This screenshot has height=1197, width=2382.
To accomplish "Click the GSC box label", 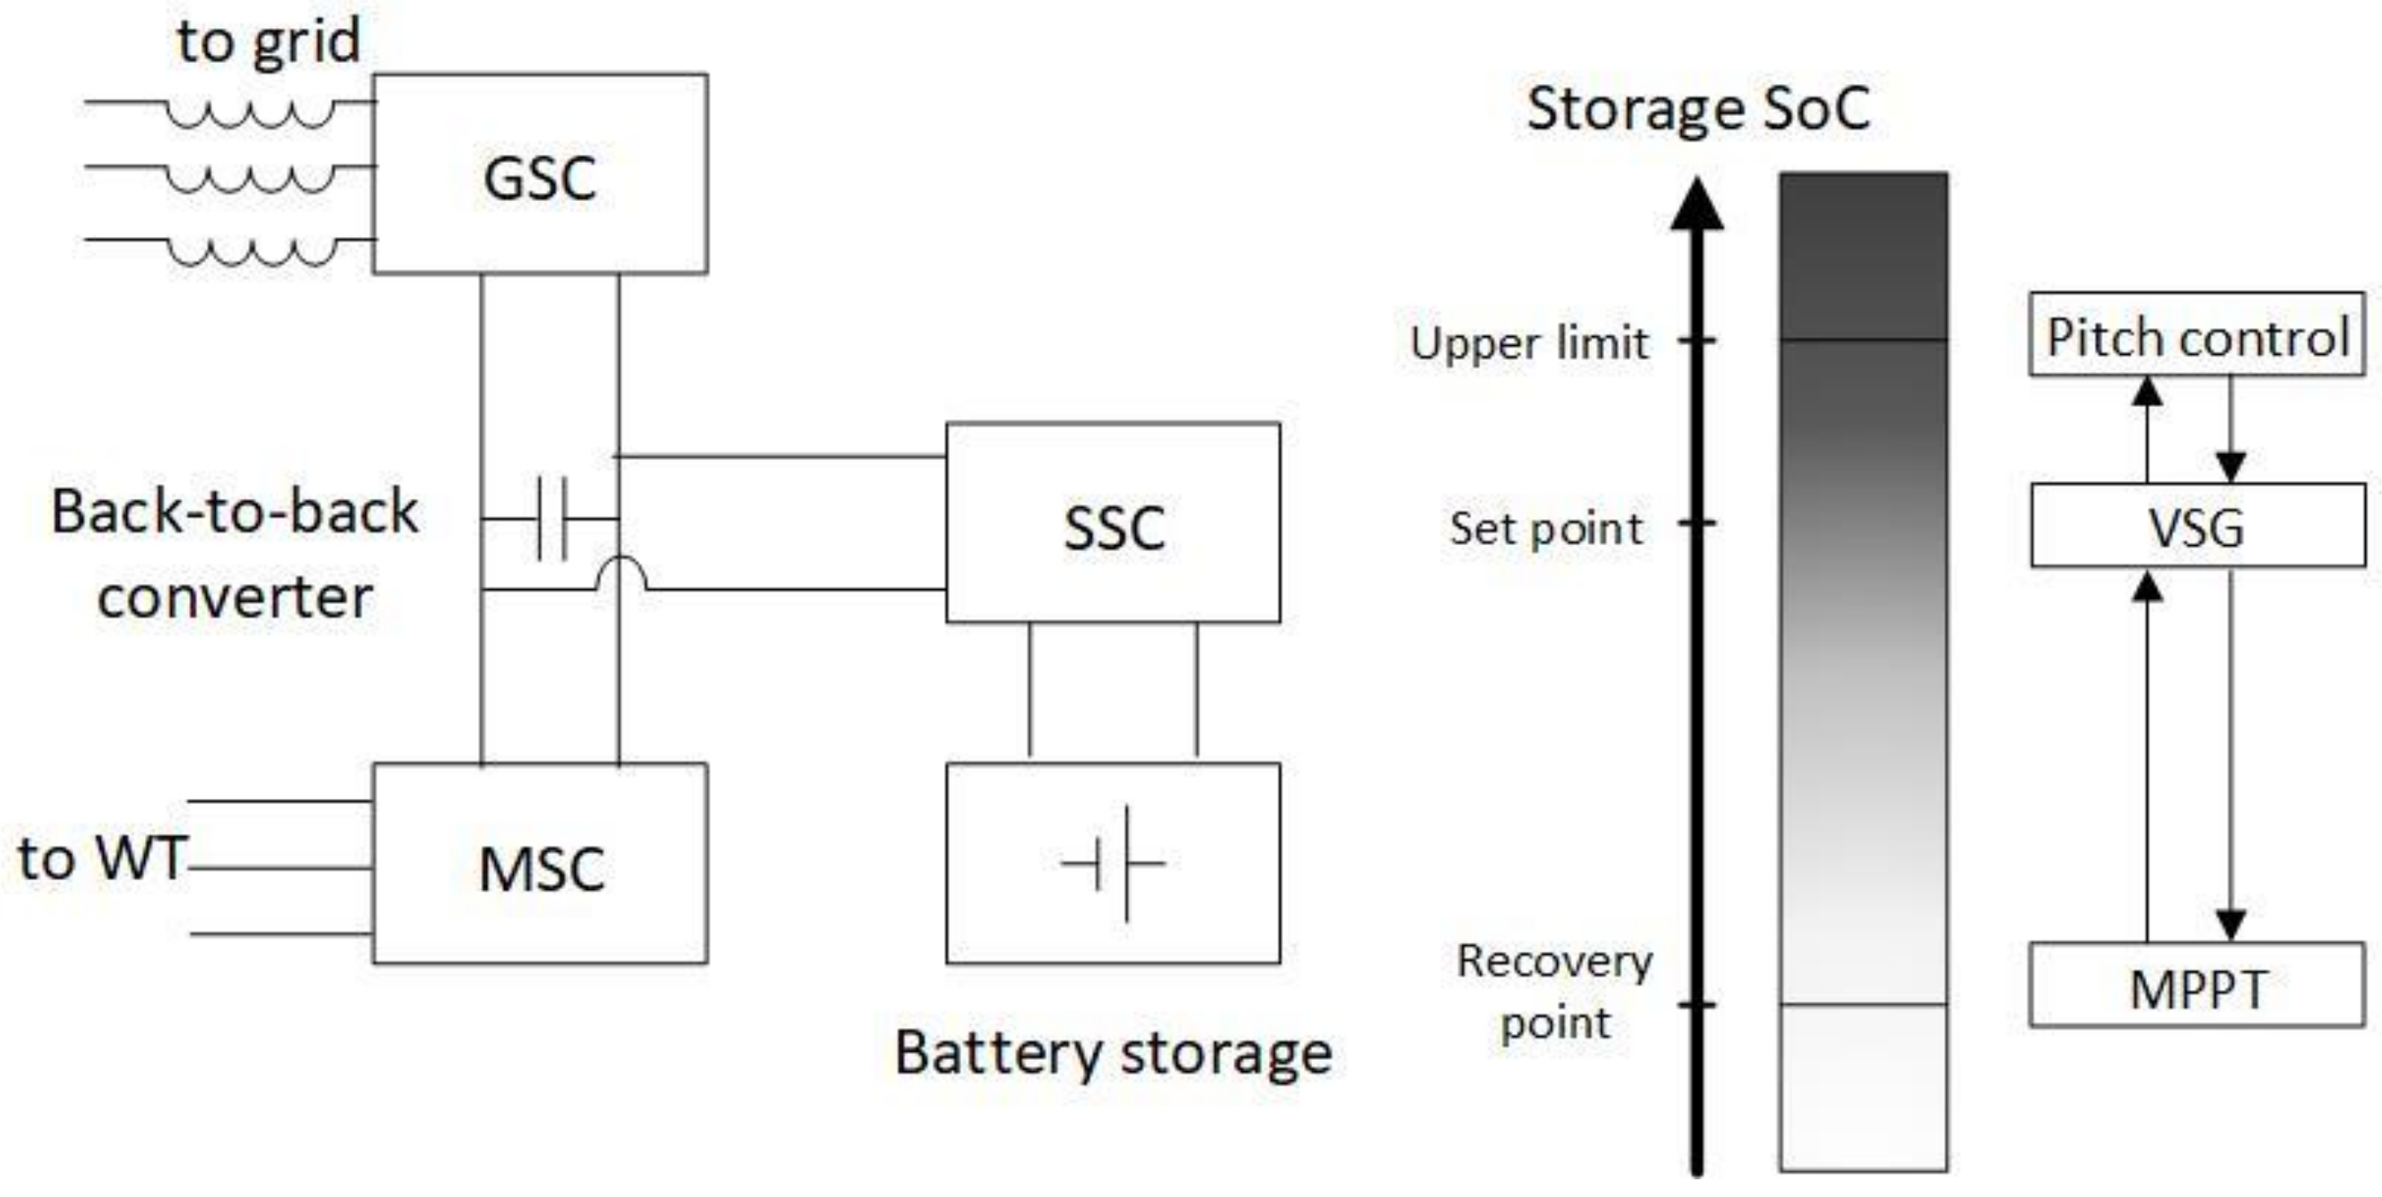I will point(540,178).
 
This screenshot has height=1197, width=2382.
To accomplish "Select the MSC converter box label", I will point(541,870).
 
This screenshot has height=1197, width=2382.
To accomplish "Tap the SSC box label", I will point(1113,528).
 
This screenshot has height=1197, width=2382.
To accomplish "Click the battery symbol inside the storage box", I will point(1114,863).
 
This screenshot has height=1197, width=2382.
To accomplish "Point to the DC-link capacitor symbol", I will point(552,518).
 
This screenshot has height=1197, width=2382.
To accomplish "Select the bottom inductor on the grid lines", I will point(249,252).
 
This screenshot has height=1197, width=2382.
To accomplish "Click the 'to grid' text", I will point(268,42).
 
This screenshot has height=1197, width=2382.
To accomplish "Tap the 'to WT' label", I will point(102,858).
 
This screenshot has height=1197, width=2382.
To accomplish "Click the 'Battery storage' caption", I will point(1113,1053).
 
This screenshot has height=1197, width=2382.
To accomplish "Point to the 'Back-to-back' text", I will point(235,511).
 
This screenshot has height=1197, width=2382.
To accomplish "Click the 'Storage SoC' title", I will point(1698,109).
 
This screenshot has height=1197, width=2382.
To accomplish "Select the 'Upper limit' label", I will point(1529,343).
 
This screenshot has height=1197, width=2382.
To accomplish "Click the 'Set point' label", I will point(1546,529).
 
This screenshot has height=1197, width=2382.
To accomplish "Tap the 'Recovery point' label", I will point(1554,992).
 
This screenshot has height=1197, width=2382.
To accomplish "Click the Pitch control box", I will point(2197,335).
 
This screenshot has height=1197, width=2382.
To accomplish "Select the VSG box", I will point(2197,526).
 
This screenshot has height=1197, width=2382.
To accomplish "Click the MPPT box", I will point(2197,986).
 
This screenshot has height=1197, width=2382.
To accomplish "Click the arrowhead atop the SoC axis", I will point(1697,203).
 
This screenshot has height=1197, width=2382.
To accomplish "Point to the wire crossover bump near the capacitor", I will point(620,573).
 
